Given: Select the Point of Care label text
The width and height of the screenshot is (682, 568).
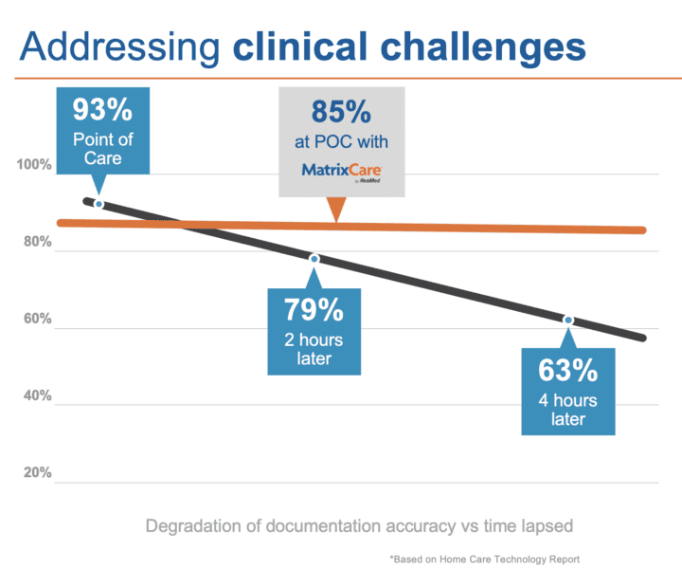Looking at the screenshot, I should pos(102,148).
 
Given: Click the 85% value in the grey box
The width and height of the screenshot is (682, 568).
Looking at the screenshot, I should pos(341,113).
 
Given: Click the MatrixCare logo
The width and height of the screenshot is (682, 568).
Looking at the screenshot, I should pos(340,171).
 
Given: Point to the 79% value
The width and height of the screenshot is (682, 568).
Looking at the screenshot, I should pos(314,309).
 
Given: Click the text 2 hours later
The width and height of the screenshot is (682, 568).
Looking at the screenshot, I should pos(314,349).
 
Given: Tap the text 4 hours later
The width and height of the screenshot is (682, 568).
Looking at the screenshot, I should pos(568,410).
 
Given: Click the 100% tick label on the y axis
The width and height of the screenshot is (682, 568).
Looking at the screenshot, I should pos(34,166).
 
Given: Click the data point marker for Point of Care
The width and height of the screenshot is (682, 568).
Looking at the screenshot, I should pos(99,204).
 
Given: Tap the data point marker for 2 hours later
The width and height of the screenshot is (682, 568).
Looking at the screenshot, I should pos(314,259).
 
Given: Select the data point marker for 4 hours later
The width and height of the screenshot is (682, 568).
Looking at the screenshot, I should pos(568,320).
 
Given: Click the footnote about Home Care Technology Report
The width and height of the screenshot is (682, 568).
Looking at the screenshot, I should pos(484,559).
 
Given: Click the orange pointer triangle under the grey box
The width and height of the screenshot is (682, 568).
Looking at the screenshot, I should pos(336,211).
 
